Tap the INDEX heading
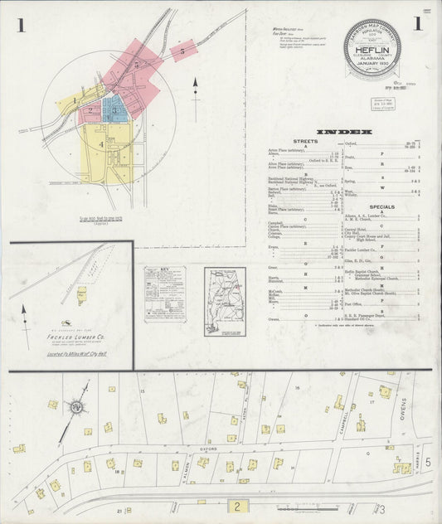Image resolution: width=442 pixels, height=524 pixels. [x=344, y=132]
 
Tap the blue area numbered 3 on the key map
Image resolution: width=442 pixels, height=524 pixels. [x=116, y=108]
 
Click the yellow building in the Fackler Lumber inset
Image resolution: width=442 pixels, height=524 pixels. [x=82, y=294]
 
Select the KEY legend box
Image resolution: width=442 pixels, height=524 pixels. [x=164, y=293]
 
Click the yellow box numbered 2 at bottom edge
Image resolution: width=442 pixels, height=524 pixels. [x=238, y=505]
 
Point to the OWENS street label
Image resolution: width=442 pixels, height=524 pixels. [x=405, y=407]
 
